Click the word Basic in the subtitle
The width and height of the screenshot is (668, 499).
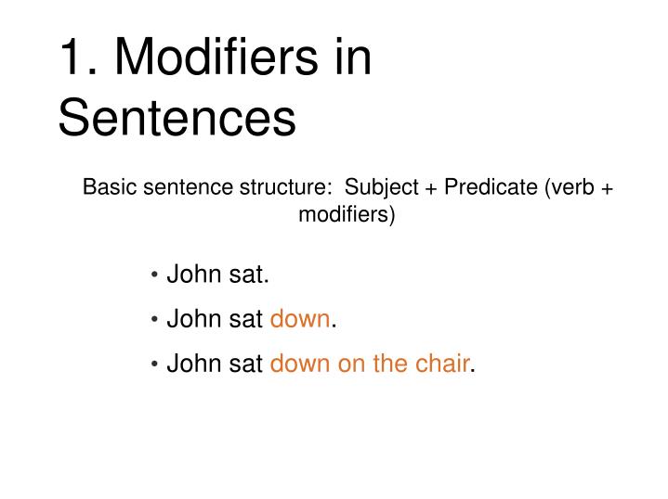click(x=105, y=186)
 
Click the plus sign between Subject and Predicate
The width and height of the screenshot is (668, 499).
click(x=432, y=187)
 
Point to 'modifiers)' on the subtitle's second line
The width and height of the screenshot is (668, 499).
click(x=347, y=215)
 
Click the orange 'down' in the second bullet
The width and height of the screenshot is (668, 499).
click(x=299, y=319)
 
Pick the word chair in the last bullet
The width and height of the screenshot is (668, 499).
click(x=441, y=364)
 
